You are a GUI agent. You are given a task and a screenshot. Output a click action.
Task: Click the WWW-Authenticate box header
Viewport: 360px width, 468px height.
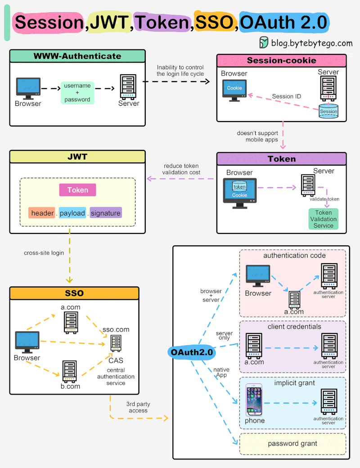[x=77, y=56]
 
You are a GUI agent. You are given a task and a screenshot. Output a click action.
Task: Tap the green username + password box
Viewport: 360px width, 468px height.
[x=77, y=93]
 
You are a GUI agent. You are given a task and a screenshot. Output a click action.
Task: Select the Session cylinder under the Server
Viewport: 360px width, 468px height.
[x=328, y=111]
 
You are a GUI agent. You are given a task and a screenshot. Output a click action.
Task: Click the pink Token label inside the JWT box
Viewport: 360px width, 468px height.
[x=77, y=190]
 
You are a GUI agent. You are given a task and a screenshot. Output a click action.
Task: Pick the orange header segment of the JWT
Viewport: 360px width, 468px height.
[x=42, y=213]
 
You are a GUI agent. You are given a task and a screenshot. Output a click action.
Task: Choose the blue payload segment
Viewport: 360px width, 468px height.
[x=72, y=213]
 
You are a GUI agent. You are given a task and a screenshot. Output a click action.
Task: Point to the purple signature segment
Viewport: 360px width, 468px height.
[x=106, y=213]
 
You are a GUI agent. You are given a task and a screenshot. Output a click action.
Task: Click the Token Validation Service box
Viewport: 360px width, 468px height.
[x=323, y=219]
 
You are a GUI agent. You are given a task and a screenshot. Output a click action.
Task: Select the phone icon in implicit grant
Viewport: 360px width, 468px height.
[x=254, y=400]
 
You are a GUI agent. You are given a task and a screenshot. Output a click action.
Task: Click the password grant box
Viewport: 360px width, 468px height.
[x=292, y=444]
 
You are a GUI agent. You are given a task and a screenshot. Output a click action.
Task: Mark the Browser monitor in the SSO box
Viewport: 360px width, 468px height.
[x=27, y=342]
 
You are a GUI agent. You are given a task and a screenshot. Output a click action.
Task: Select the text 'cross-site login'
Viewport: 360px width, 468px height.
[x=44, y=253]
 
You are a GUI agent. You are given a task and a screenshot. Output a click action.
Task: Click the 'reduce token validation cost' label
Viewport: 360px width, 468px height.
[x=181, y=169]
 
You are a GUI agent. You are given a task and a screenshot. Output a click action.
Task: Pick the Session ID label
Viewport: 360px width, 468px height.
[x=286, y=96]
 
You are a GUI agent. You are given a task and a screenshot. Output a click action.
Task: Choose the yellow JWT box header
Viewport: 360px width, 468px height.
[x=77, y=157]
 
